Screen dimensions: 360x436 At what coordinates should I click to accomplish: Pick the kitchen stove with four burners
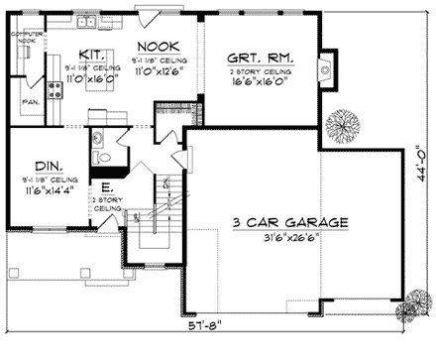coord(56,87)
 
